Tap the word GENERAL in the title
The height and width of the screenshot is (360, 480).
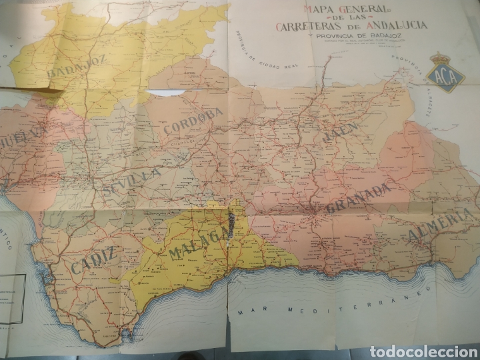tap(347, 9)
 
